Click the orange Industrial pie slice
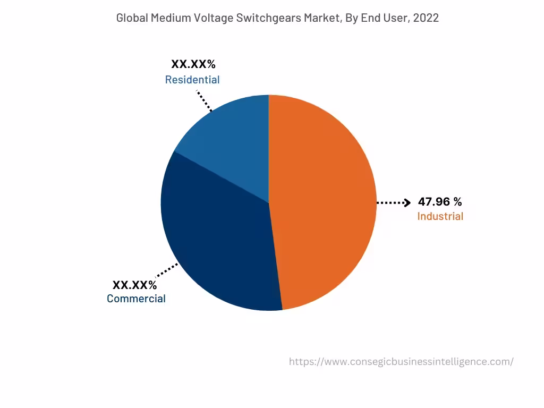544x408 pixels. [324, 202]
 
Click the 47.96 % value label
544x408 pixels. [440, 202]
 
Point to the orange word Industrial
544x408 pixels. [440, 216]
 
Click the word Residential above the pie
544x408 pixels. [192, 80]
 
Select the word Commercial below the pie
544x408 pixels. [136, 299]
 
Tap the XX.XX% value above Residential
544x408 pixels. [193, 64]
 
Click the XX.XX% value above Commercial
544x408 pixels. [134, 285]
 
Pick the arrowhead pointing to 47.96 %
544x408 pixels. [407, 202]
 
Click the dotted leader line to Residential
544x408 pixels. [204, 101]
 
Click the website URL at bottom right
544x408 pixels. [401, 362]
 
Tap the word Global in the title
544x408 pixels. [132, 18]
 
